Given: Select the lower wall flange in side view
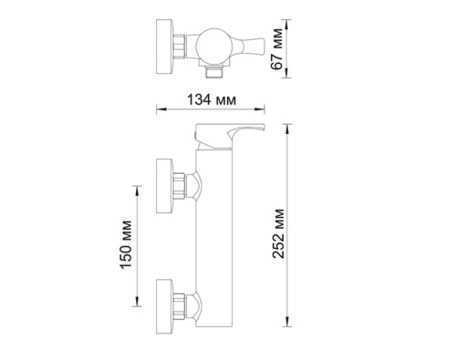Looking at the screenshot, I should (x=166, y=300).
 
